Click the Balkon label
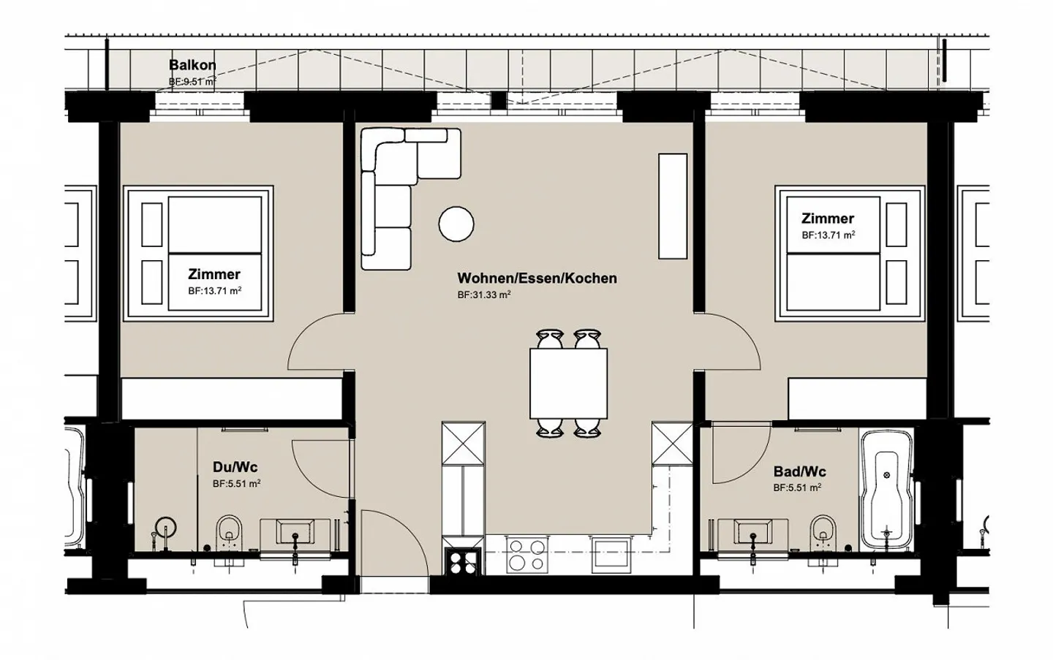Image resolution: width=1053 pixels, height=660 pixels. (192, 65)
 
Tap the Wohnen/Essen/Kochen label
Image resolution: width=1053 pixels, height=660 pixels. (537, 278)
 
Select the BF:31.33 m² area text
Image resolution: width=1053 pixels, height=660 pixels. (484, 295)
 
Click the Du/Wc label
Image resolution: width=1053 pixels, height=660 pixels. (235, 467)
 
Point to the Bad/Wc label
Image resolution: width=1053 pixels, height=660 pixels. (800, 471)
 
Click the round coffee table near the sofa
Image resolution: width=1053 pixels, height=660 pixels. (456, 224)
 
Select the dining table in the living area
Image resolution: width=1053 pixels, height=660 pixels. (568, 383)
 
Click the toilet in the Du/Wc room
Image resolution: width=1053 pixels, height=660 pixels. (229, 532)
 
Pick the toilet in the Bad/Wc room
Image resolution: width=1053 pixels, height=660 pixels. (823, 532)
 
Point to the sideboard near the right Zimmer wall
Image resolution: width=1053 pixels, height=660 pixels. (673, 206)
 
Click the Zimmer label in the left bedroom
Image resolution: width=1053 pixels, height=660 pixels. (214, 274)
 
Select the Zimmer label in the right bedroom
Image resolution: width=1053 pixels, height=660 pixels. (827, 219)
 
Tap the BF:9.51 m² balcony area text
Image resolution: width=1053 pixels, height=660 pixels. (192, 82)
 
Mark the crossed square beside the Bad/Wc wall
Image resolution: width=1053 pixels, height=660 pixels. (672, 443)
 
